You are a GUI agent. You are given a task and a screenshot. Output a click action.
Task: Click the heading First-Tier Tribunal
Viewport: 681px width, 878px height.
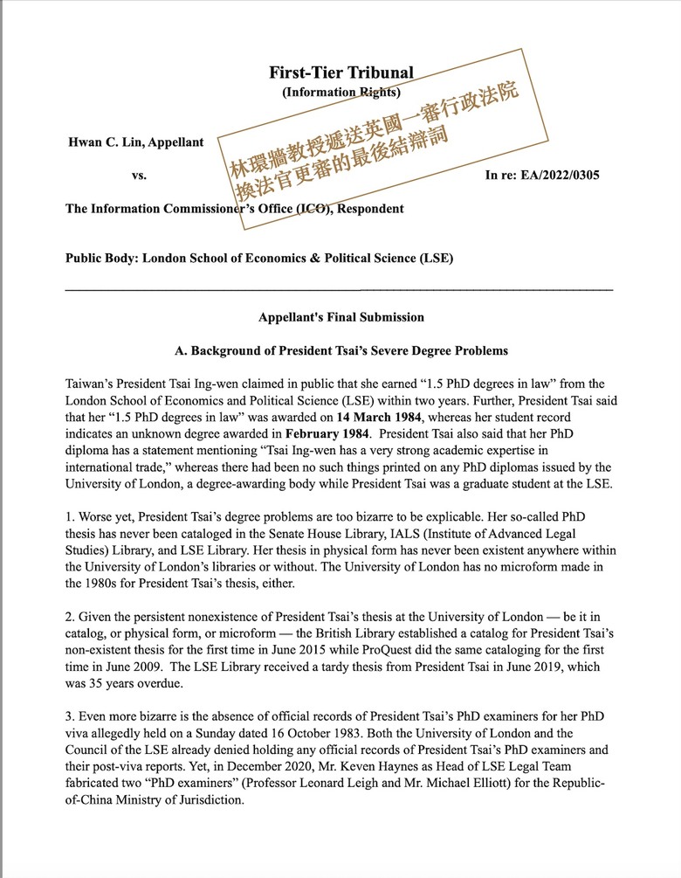pyautogui.click(x=340, y=73)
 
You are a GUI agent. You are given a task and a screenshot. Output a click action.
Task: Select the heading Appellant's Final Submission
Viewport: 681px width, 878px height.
pyautogui.click(x=340, y=317)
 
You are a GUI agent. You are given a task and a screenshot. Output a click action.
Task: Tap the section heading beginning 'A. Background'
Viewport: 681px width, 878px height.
pyautogui.click(x=340, y=351)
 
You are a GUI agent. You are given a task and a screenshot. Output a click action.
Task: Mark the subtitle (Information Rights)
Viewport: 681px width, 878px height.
pyautogui.click(x=340, y=91)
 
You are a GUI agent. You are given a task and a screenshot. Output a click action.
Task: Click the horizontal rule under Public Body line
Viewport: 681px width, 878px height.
pyautogui.click(x=340, y=288)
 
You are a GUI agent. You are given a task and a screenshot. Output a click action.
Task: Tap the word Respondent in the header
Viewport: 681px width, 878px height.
pyautogui.click(x=370, y=209)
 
